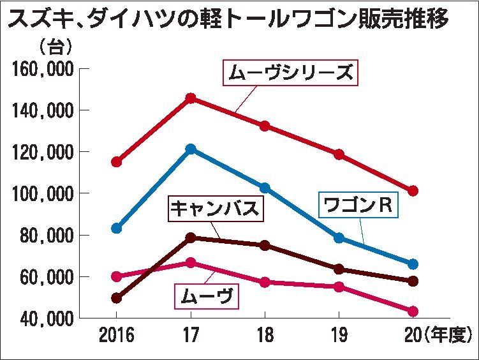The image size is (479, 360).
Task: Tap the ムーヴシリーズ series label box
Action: [x=290, y=73]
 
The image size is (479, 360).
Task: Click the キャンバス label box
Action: [x=216, y=209]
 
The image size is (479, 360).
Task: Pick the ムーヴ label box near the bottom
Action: [x=206, y=296]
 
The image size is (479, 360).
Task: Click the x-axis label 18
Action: [x=264, y=334]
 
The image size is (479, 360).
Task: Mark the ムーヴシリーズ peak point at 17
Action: [x=190, y=98]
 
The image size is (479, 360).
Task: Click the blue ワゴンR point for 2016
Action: [x=116, y=228]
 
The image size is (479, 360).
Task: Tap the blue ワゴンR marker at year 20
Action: [x=413, y=264]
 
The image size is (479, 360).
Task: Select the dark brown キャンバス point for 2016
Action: [x=116, y=297]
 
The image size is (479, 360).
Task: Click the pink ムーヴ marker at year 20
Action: [x=413, y=311]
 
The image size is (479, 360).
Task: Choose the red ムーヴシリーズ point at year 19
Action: [x=339, y=154]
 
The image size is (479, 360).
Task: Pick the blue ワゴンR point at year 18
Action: [x=265, y=188]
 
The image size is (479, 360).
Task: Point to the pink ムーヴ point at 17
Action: [x=190, y=263]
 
